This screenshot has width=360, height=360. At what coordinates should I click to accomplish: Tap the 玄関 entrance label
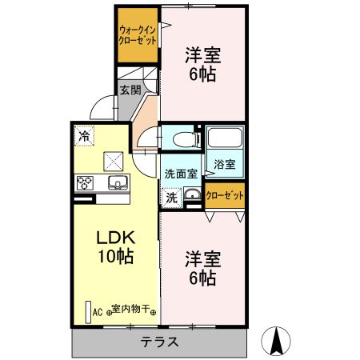click(130, 90)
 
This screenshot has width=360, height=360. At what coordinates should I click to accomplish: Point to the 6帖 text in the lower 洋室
click(202, 278)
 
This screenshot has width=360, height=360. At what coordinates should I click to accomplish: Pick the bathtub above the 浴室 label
click(224, 138)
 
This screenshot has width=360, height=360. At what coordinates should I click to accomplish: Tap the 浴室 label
click(224, 165)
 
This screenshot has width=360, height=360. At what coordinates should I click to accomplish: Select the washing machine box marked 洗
click(172, 196)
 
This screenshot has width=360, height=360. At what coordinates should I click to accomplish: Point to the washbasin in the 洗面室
click(192, 195)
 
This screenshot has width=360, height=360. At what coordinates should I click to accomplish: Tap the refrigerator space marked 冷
click(84, 136)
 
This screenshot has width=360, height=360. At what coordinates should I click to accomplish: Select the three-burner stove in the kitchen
click(85, 183)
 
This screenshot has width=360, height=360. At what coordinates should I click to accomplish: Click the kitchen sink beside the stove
click(117, 183)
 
